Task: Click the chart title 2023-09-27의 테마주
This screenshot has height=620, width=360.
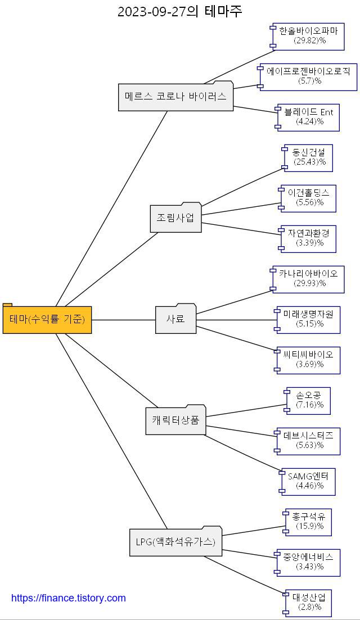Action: pos(179,11)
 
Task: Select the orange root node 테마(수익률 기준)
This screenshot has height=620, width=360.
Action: pos(47,320)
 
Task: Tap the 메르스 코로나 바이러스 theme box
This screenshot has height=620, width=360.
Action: pos(175,97)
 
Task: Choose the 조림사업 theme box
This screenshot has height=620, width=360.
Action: pos(175,218)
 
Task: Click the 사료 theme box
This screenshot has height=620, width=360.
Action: pos(175,319)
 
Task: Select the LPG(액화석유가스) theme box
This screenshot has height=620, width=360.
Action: pos(175,542)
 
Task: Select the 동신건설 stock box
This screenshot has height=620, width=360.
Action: pos(309,158)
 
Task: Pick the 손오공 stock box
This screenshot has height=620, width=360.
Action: pos(309,400)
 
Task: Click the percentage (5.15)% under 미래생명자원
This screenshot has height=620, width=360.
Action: pos(309,324)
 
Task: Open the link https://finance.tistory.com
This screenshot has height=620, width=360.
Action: pos(69,598)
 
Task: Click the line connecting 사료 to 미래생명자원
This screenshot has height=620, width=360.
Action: pos(236,320)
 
